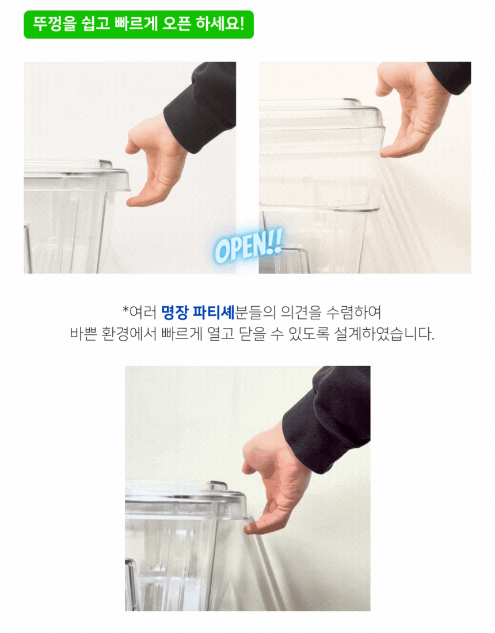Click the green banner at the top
coord(139,25)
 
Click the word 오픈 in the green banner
coord(177,25)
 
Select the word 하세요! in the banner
coord(220,25)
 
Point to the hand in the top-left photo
coord(155,162)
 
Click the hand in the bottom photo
coord(275,481)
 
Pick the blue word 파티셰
coord(214,312)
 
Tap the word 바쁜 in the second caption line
coord(83,334)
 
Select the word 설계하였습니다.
coord(384,334)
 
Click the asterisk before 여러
coord(125,310)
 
